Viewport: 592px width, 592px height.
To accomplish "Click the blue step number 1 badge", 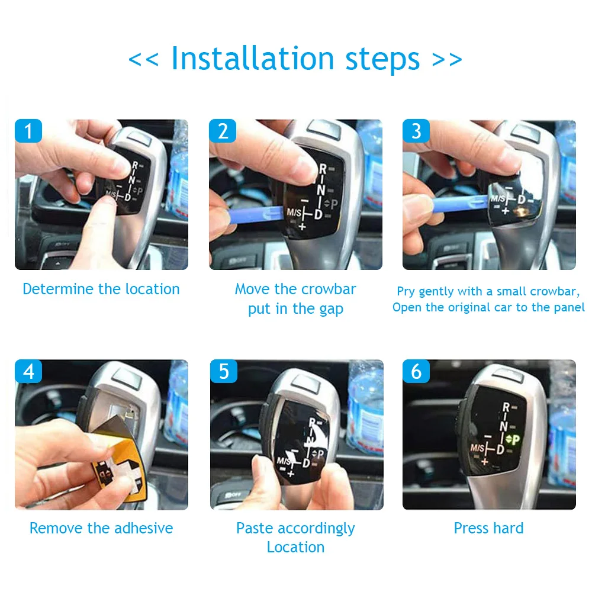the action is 28,131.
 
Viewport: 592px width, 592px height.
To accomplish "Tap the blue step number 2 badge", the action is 223,131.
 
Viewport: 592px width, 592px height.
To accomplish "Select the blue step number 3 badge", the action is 416,131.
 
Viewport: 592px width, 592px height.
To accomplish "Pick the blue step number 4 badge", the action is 28,371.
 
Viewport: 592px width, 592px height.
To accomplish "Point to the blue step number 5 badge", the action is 224,371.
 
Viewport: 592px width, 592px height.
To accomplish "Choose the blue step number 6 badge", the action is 416,371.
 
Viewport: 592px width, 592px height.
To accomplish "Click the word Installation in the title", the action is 253,59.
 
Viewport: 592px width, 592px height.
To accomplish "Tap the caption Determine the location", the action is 101,289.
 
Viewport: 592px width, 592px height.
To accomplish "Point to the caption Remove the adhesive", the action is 101,528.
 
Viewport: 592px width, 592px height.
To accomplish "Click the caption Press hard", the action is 488,528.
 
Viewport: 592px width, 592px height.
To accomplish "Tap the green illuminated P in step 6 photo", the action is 516,439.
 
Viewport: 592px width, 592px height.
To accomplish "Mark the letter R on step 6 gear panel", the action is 506,407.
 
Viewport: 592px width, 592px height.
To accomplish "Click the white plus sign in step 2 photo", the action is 302,227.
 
